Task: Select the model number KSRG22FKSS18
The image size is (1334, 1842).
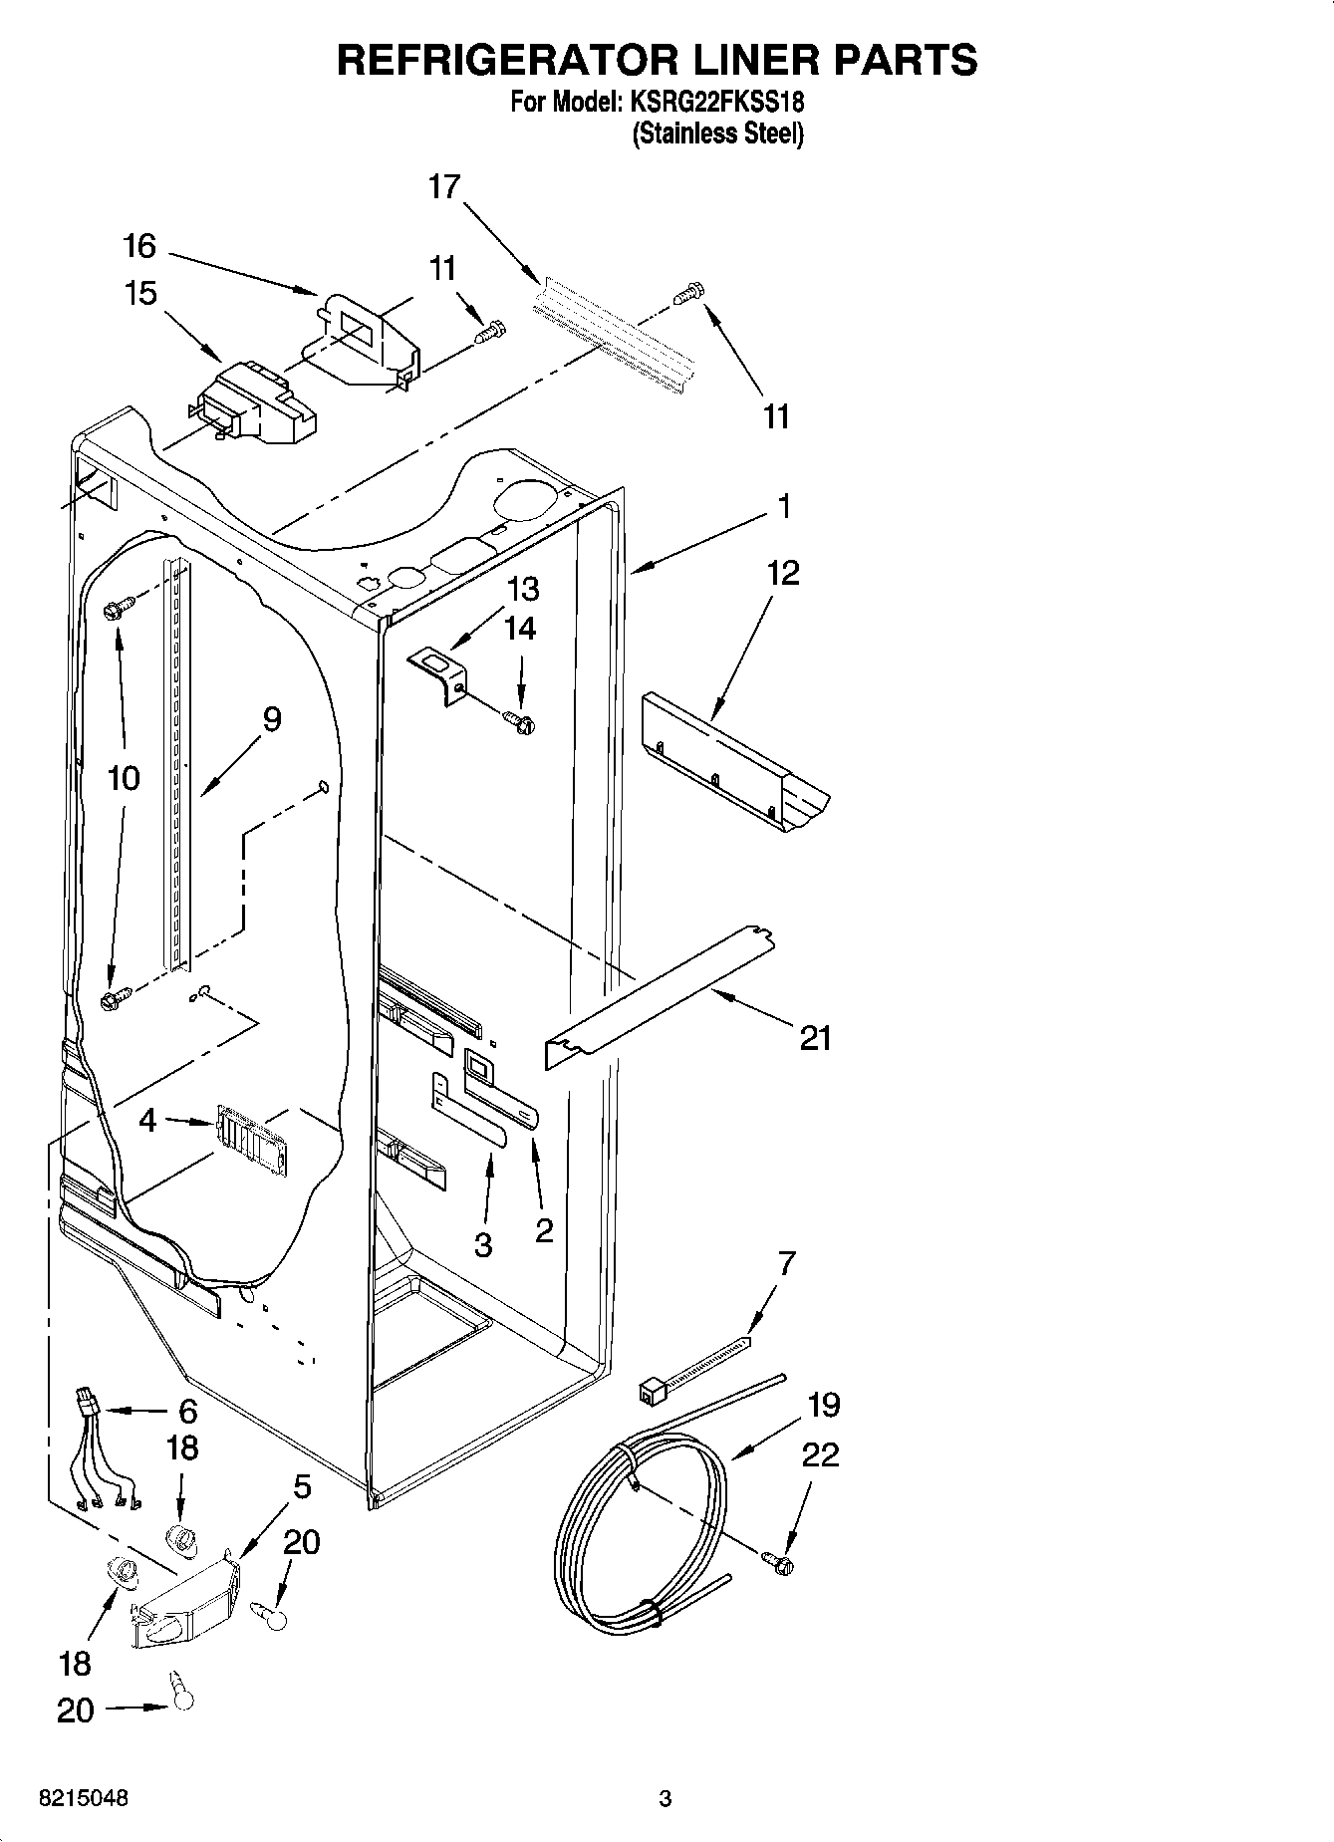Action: (715, 103)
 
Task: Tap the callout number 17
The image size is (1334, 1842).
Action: (444, 186)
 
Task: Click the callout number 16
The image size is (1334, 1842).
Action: (140, 245)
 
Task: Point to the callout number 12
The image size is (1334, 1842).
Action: (783, 573)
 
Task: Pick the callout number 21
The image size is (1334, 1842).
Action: (815, 1039)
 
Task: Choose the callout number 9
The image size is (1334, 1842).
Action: (271, 718)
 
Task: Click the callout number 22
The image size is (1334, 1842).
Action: (820, 1455)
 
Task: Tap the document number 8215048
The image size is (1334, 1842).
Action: (83, 1799)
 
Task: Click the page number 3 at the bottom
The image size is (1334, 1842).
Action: (666, 1799)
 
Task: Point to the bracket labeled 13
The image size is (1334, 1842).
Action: (439, 671)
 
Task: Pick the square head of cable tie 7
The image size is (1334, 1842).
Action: (651, 1390)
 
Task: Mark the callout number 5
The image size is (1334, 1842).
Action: (302, 1487)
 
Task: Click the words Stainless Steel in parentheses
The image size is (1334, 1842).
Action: (717, 133)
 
